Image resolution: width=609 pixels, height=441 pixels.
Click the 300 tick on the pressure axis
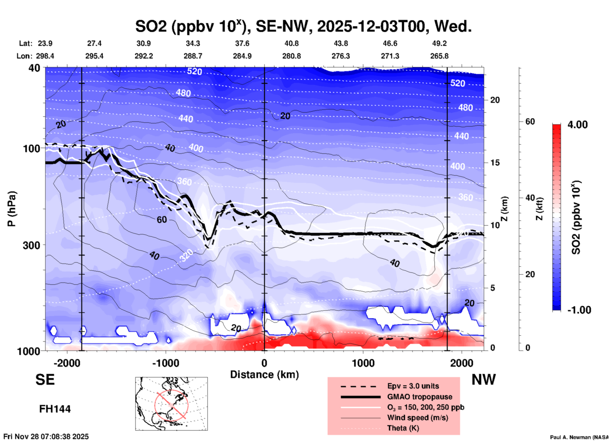32,245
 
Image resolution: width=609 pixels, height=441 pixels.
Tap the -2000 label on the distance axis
67,363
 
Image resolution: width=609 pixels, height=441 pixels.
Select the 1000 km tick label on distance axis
363,363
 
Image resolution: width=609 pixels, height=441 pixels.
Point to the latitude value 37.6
242,44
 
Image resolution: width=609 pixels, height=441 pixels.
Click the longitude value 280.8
291,56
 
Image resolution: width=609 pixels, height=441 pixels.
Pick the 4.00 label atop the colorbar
577,125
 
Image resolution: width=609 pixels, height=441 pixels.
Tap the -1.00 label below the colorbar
579,310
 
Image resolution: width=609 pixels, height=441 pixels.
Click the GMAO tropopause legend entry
420,397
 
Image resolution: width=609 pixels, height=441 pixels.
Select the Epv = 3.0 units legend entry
413,386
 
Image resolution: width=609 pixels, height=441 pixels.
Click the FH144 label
55,409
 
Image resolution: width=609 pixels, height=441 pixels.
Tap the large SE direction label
45,380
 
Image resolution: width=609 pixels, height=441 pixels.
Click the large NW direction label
483,380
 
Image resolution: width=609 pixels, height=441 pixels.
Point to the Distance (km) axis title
264,375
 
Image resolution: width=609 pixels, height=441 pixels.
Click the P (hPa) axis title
12,209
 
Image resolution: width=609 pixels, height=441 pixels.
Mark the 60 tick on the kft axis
530,122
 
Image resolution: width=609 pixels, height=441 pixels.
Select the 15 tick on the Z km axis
495,163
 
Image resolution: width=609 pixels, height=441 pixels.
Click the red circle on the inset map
171,405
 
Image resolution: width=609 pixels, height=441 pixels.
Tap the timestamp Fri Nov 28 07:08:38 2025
46,437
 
